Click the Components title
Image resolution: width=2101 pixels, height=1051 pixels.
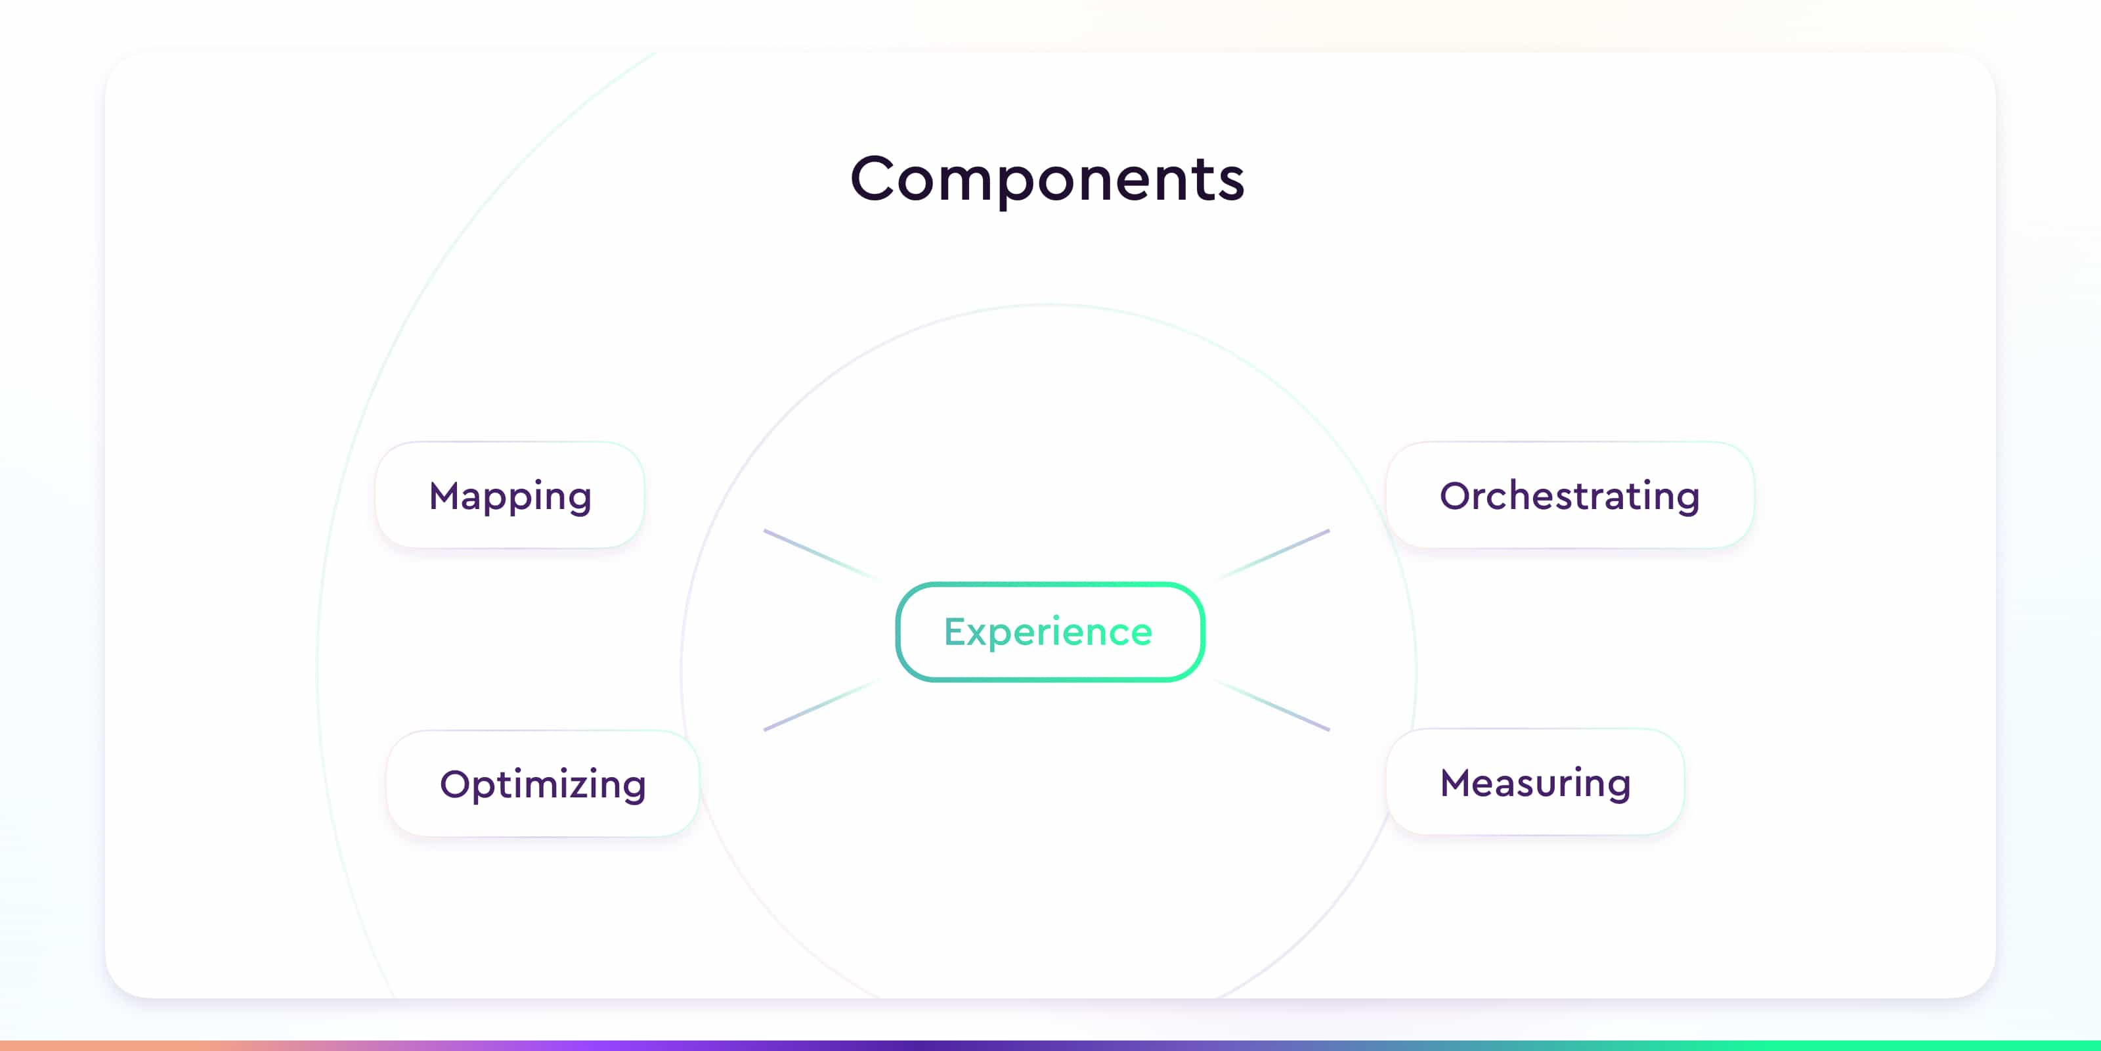click(1047, 179)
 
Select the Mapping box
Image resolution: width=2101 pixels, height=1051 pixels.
click(509, 495)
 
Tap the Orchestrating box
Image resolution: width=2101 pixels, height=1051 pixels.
click(1570, 495)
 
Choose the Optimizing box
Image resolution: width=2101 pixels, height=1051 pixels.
click(543, 784)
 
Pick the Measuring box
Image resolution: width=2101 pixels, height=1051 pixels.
click(1535, 782)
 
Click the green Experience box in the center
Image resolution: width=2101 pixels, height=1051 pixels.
click(1050, 631)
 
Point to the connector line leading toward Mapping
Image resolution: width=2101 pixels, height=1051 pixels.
click(821, 555)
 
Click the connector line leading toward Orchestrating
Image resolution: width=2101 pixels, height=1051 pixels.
click(1273, 555)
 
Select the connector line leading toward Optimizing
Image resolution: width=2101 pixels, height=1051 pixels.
click(821, 704)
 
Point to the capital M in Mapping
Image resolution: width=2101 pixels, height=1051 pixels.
click(448, 495)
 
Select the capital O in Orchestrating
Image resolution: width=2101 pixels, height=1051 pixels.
click(1457, 495)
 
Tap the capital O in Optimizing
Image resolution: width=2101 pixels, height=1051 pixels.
click(457, 784)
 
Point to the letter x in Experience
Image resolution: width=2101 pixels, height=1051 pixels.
click(981, 636)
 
